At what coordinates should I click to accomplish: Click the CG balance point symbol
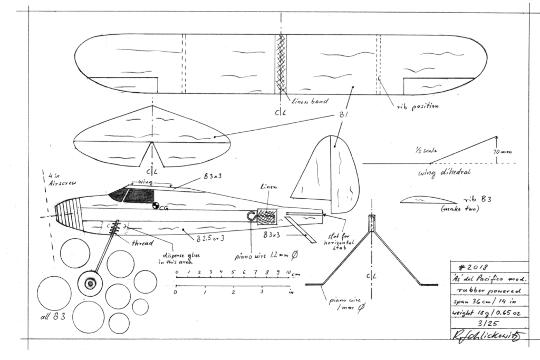(156, 206)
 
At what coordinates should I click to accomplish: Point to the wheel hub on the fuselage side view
(90, 284)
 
